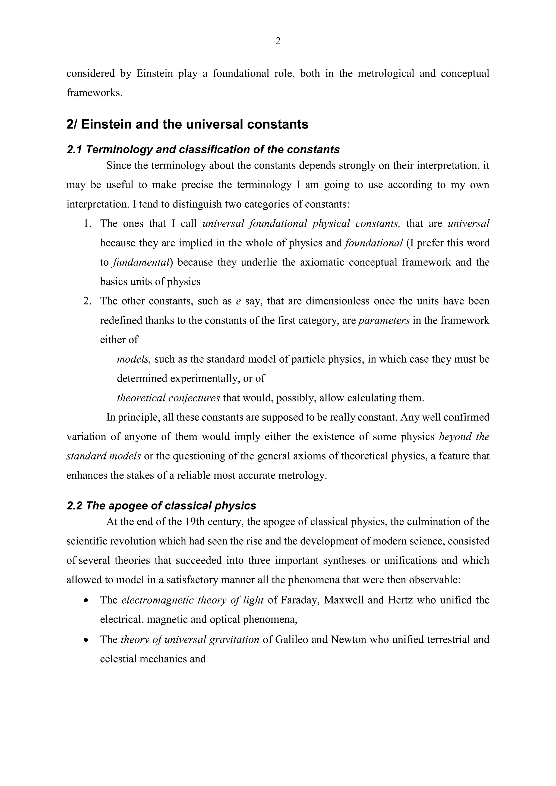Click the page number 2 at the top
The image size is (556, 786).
(x=278, y=41)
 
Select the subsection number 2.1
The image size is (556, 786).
(x=74, y=150)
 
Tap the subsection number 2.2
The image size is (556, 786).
(x=74, y=506)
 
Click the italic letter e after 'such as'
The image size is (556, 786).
(x=239, y=301)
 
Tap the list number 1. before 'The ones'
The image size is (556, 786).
(x=88, y=224)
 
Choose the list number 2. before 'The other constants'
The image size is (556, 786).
(x=88, y=301)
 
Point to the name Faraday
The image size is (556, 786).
(x=300, y=600)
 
